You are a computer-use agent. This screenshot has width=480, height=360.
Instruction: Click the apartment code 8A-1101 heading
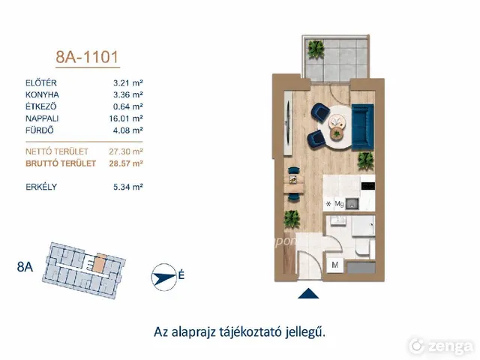[x=87, y=57]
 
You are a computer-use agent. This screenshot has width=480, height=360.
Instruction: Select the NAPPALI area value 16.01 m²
[x=126, y=118]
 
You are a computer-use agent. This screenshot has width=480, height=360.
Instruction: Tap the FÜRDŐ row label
[x=40, y=130]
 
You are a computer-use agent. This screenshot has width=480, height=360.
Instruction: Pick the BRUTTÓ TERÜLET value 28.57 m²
[x=126, y=163]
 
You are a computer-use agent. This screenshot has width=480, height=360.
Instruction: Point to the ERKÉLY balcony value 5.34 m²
[x=128, y=187]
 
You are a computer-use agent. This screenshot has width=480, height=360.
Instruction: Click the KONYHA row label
[x=42, y=94]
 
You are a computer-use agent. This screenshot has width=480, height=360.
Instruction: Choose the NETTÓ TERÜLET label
[x=57, y=151]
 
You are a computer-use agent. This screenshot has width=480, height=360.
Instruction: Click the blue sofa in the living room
[x=363, y=127]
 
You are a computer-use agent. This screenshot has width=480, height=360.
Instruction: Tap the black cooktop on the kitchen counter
[x=368, y=186]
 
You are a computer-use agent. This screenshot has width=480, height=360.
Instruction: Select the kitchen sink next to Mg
[x=352, y=204]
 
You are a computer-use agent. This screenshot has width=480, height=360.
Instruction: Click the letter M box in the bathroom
[x=335, y=265]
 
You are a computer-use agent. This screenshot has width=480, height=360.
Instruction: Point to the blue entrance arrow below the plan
[x=308, y=293]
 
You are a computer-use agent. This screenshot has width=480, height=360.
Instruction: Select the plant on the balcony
[x=316, y=49]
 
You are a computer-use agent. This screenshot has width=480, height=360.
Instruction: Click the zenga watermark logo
[x=440, y=346]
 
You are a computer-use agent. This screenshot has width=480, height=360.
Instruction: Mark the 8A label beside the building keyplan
[x=25, y=267]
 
